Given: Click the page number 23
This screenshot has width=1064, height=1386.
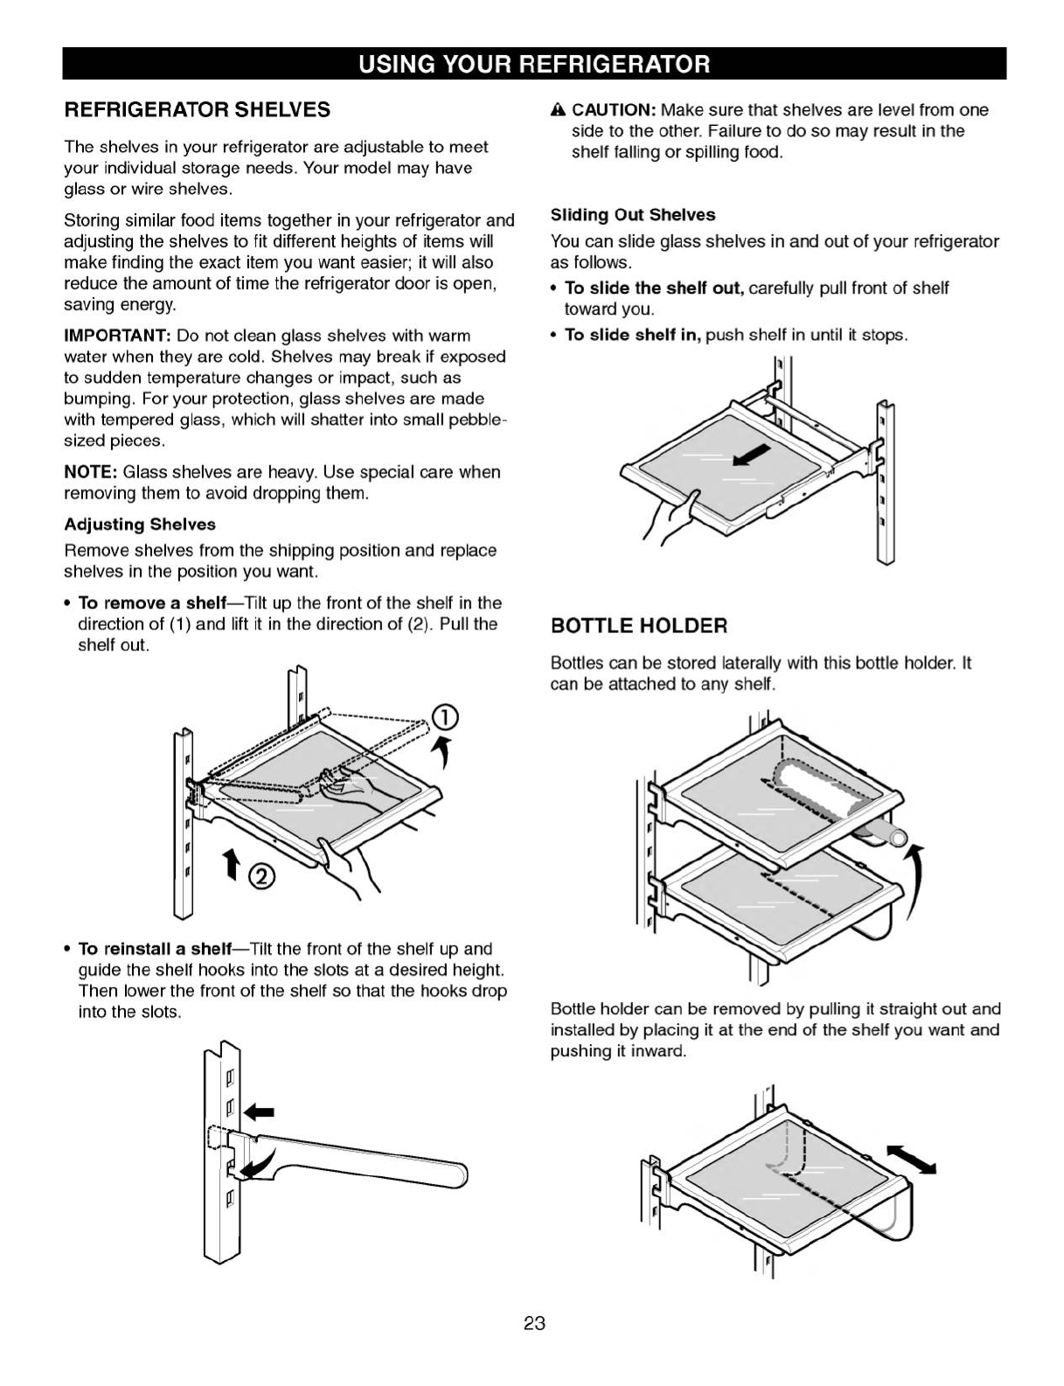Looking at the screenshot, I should tap(534, 1322).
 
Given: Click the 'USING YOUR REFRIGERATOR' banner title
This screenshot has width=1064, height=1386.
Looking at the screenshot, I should tap(533, 64).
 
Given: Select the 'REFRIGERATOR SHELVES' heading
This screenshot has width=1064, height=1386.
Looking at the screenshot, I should tap(198, 109).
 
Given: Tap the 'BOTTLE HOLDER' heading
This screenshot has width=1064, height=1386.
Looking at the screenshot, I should tap(638, 625).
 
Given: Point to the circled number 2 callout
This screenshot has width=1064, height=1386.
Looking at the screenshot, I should tap(263, 875).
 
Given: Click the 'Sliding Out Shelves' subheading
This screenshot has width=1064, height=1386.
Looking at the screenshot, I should tap(632, 214).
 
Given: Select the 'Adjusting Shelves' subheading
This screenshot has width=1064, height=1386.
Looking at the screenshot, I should tap(140, 524).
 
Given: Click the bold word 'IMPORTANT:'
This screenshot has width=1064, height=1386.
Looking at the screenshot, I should tap(117, 336).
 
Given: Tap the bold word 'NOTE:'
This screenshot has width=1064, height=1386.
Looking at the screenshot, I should tap(91, 472).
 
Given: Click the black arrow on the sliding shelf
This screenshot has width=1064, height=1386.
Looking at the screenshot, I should tap(752, 456).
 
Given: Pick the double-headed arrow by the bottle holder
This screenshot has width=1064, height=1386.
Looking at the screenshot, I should tap(911, 1158).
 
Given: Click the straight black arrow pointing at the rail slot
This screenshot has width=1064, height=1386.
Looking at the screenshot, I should tap(259, 1112).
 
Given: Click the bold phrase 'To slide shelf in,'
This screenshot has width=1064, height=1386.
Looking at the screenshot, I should tap(633, 335).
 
